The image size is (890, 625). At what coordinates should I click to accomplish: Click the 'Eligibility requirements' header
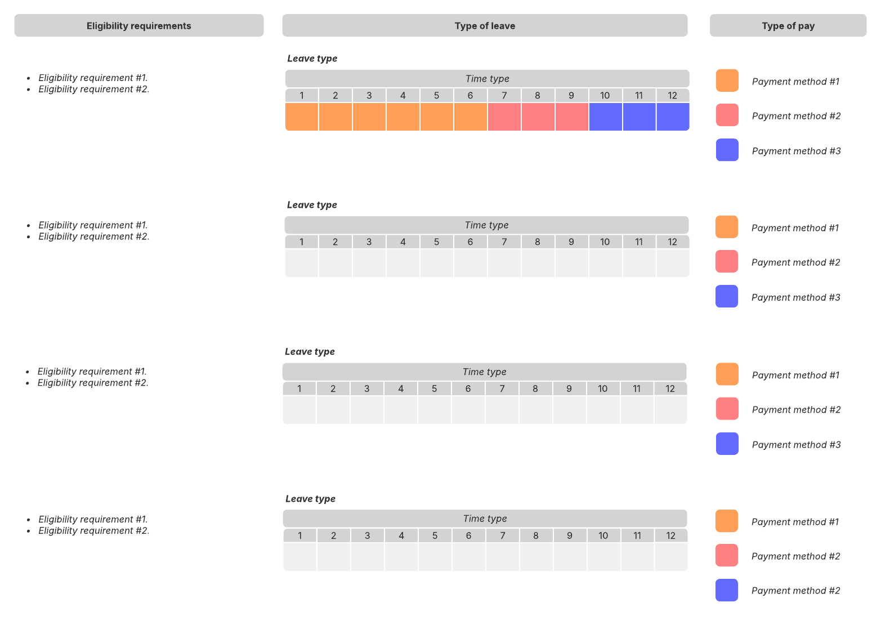click(x=138, y=26)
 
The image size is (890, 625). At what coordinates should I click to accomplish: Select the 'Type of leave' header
click(x=485, y=26)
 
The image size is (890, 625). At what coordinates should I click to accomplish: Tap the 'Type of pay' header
click(x=788, y=26)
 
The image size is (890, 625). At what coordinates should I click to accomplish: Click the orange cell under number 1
click(x=302, y=117)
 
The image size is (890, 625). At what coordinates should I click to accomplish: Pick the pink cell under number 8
click(x=538, y=117)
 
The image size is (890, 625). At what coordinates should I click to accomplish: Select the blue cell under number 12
click(x=673, y=117)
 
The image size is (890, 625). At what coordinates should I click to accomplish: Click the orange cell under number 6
click(x=470, y=117)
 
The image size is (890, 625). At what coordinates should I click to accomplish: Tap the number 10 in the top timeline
click(x=605, y=96)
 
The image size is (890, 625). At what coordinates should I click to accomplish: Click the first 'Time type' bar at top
click(x=487, y=79)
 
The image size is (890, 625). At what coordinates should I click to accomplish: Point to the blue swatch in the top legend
click(x=727, y=150)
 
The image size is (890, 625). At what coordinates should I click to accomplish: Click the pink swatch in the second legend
click(x=726, y=262)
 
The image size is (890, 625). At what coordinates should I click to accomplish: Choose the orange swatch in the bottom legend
click(x=726, y=521)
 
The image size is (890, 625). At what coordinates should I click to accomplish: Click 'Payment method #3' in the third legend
click(x=796, y=445)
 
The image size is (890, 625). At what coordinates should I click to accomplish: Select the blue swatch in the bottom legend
click(x=726, y=590)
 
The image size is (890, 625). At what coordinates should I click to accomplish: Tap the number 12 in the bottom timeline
click(x=670, y=535)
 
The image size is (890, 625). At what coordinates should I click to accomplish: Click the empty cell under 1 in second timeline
click(x=302, y=263)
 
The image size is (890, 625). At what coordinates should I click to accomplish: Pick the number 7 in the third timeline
click(x=502, y=389)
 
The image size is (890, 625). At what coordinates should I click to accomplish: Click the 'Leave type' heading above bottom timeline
click(x=310, y=499)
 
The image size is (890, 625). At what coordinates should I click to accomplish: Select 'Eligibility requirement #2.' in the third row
click(x=93, y=383)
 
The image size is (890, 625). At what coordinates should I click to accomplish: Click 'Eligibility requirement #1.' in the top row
click(x=93, y=78)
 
